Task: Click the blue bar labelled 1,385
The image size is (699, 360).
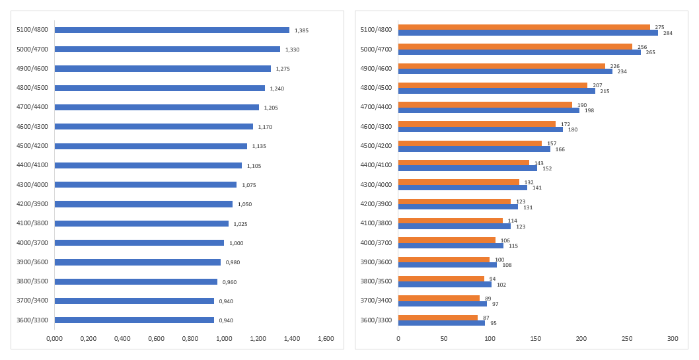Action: pos(172,30)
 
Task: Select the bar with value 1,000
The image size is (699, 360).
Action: pos(139,242)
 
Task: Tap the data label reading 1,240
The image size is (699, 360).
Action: pos(277,89)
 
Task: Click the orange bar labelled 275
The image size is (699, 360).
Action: pos(524,27)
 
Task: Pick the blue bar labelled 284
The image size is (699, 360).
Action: pos(528,32)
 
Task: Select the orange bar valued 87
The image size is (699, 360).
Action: pos(437,318)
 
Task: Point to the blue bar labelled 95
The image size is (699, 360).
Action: pos(441,323)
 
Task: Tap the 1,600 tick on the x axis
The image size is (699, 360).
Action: pos(326,339)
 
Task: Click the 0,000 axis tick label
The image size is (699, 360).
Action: pos(54,339)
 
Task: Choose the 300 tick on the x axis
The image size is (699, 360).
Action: pos(673,339)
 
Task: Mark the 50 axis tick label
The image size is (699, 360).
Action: pos(444,339)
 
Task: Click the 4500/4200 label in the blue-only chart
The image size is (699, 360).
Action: pos(31,146)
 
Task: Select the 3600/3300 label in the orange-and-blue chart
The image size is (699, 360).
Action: pos(376,320)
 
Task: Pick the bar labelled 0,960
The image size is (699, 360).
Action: pos(136,281)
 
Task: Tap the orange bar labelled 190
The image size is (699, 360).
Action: pos(485,104)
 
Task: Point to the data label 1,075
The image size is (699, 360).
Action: pos(248,185)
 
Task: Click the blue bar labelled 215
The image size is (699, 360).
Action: pos(497,90)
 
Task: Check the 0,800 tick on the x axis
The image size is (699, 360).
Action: pos(190,339)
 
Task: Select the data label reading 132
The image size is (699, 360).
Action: pos(529,182)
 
